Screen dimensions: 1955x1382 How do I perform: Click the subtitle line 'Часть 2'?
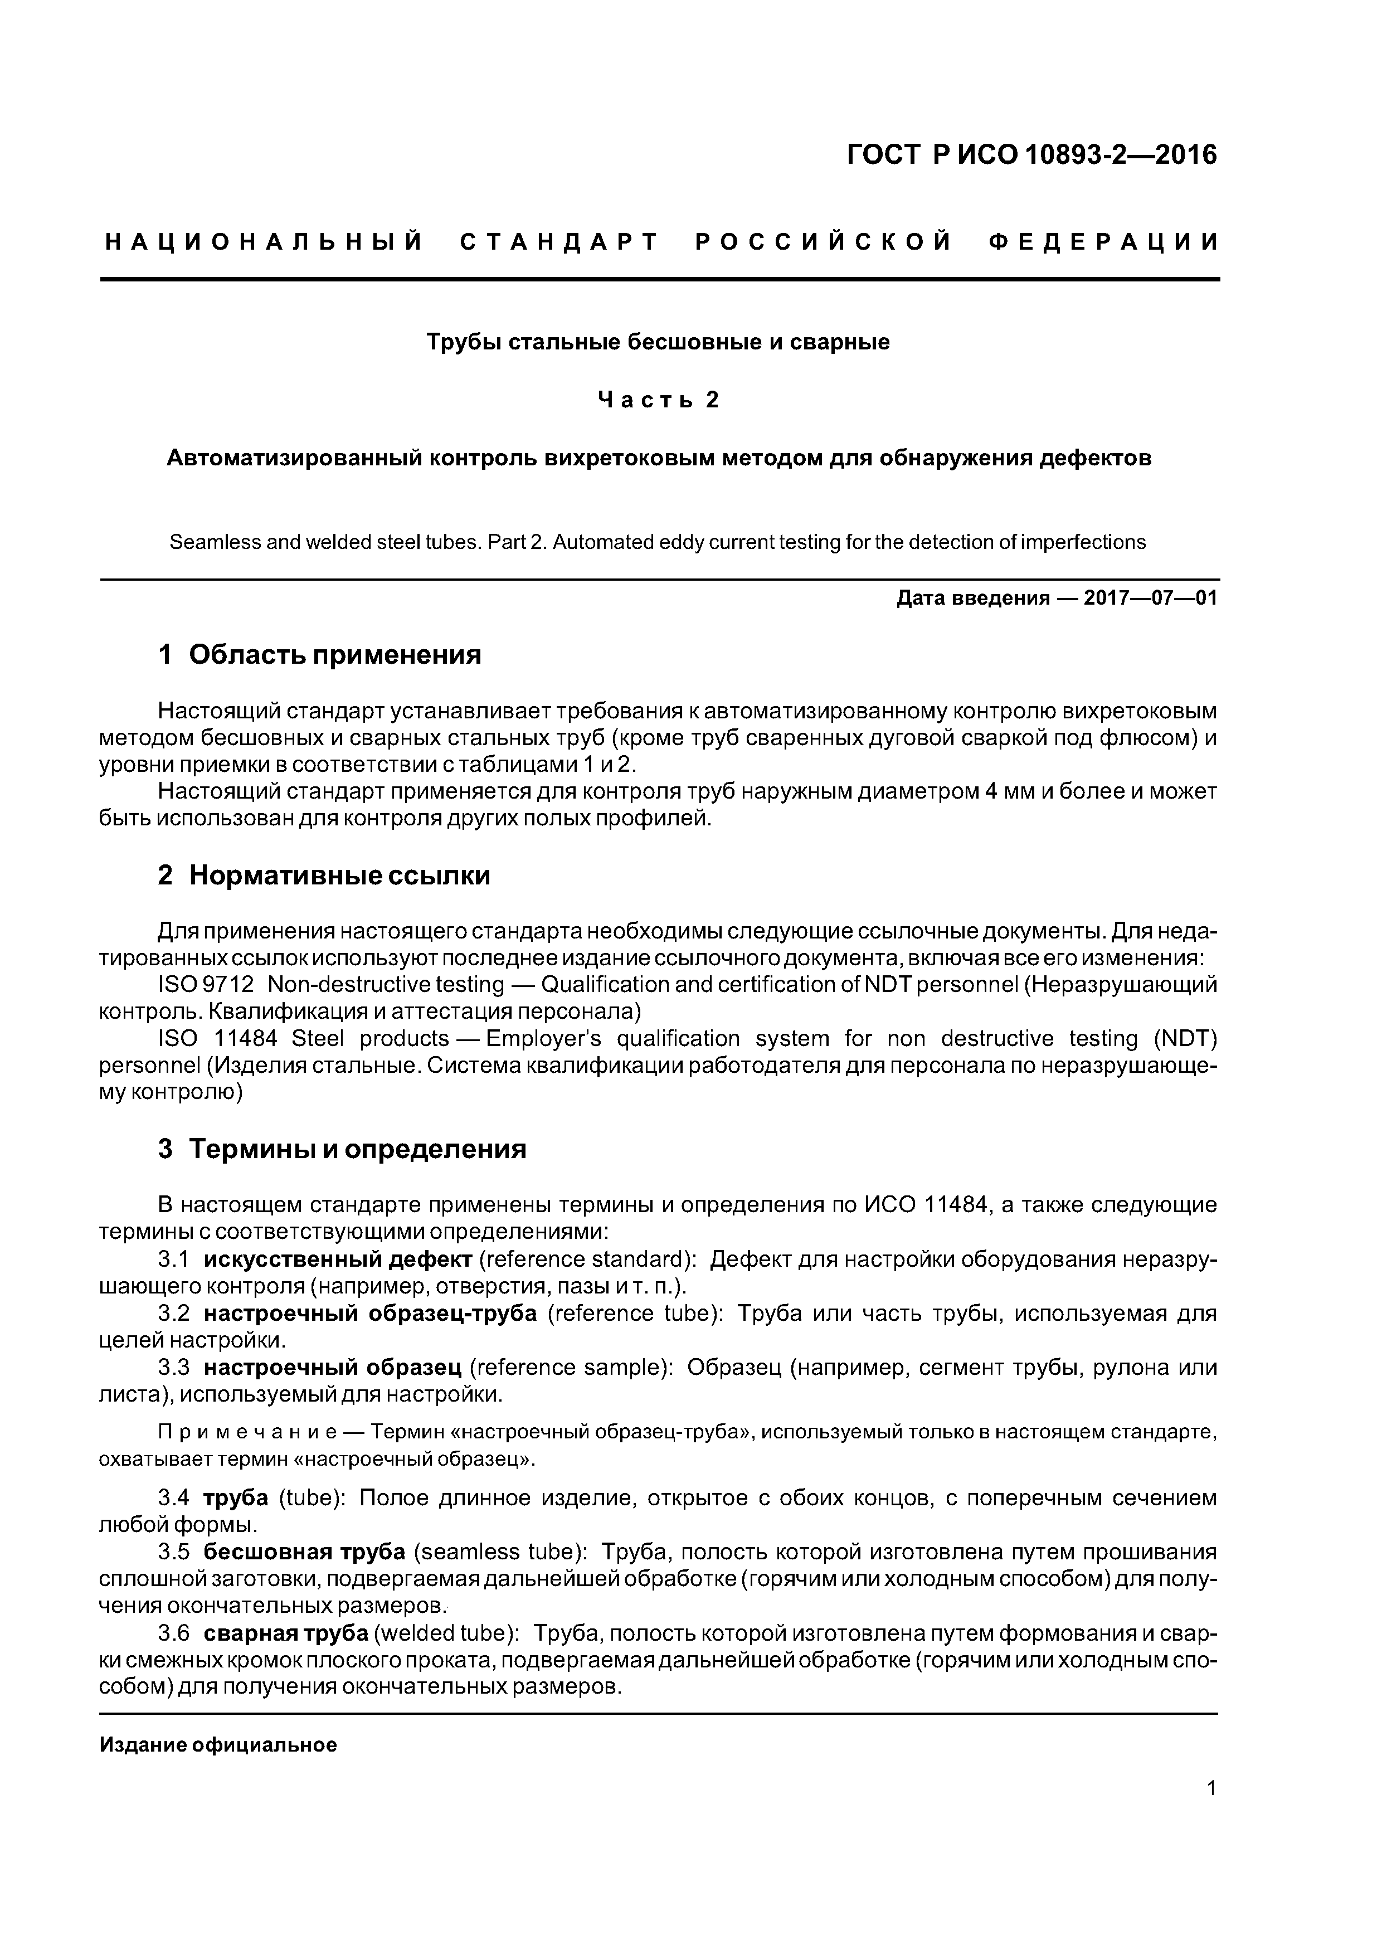click(x=658, y=400)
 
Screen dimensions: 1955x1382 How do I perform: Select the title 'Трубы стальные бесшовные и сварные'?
click(x=658, y=342)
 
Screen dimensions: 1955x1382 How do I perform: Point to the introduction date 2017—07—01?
click(x=1150, y=599)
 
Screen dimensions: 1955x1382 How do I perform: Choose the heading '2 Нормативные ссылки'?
click(x=324, y=876)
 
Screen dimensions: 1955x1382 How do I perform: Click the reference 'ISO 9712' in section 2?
click(x=206, y=985)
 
